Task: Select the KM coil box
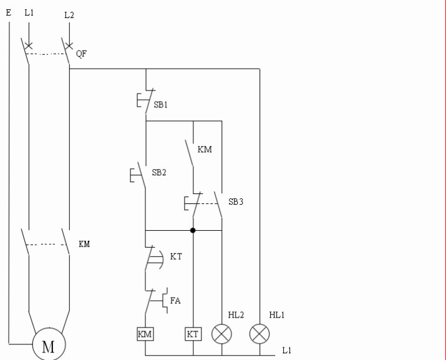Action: pos(145,334)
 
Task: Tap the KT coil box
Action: pos(193,334)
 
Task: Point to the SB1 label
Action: pos(161,105)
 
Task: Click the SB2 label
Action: pos(159,172)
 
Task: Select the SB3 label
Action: pos(236,202)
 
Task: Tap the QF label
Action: pos(81,54)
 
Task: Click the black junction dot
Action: pos(193,230)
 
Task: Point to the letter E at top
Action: pos(9,12)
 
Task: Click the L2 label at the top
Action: pos(69,15)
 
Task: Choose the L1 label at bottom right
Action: pos(287,350)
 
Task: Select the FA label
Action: pos(175,301)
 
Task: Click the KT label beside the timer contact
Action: pos(176,256)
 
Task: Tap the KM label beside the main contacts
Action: pos(84,244)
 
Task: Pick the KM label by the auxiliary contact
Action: pos(205,149)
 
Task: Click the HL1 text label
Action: pos(277,315)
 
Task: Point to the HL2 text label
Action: pos(236,315)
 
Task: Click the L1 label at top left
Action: pos(29,13)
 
